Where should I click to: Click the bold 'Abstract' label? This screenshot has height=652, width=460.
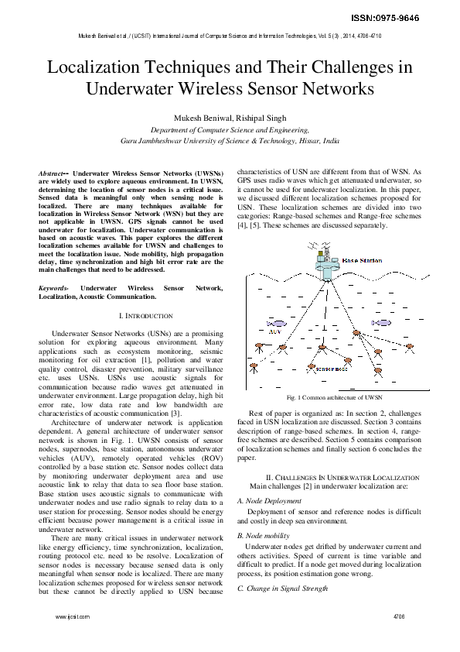(x=53, y=173)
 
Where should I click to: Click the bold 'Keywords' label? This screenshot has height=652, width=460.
(x=54, y=288)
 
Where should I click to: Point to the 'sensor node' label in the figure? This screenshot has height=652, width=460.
(x=332, y=369)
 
